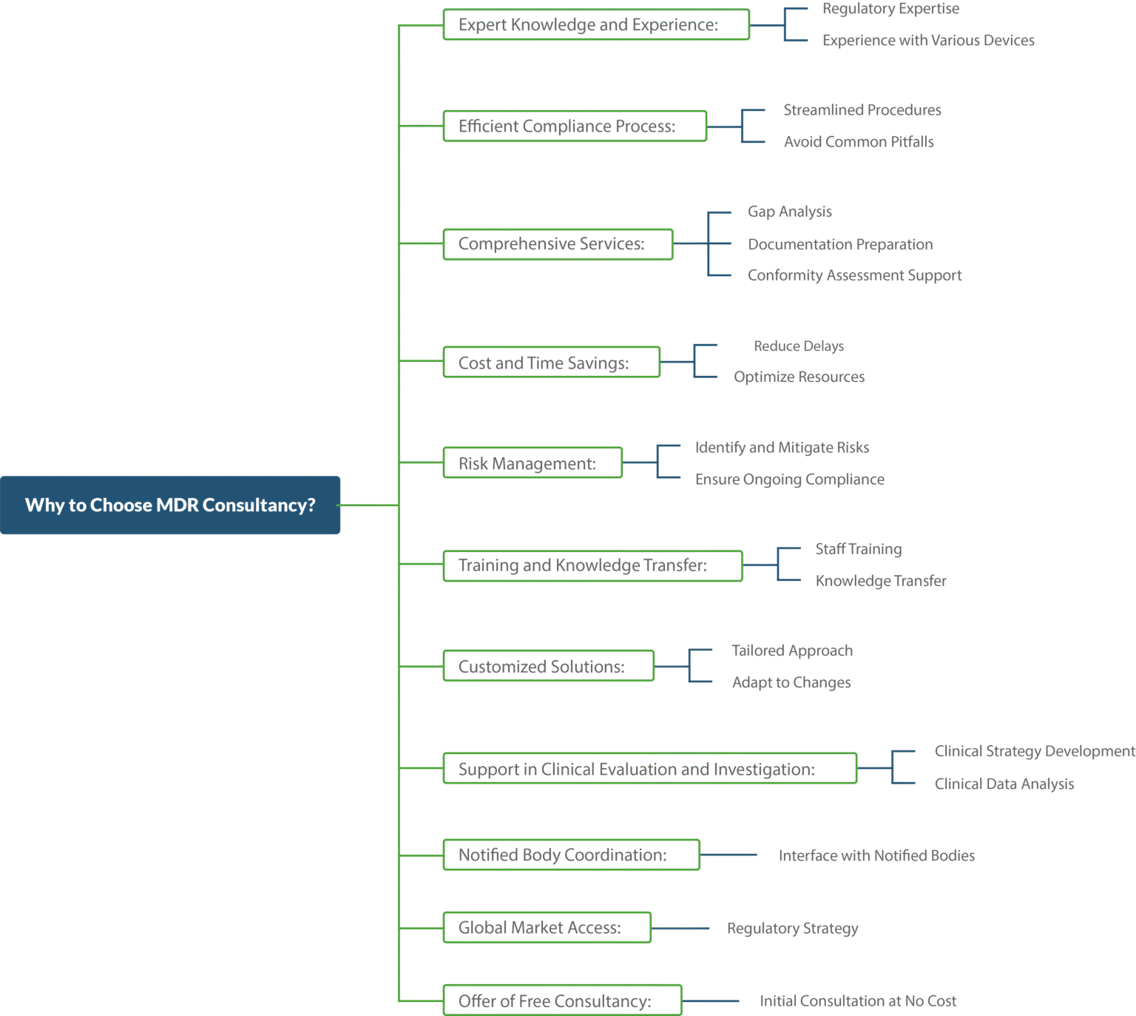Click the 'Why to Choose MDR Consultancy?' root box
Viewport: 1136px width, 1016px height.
click(x=170, y=505)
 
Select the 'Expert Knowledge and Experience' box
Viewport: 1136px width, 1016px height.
click(x=596, y=24)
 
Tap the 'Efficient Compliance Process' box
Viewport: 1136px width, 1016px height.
click(x=575, y=126)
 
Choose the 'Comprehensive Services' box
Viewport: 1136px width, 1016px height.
click(x=558, y=244)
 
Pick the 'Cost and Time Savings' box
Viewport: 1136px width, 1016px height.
click(x=552, y=362)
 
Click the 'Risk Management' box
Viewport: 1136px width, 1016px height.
click(x=532, y=463)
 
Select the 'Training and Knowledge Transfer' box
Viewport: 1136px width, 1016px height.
click(x=592, y=565)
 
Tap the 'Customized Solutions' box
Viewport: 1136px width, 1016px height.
click(x=549, y=666)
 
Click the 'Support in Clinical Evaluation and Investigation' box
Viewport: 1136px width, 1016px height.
click(x=649, y=768)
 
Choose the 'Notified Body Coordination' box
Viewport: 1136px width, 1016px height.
click(x=571, y=855)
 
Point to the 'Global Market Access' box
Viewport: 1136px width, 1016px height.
click(x=547, y=928)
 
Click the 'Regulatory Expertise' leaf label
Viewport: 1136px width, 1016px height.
click(x=890, y=9)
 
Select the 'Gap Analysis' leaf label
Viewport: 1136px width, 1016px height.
click(x=788, y=212)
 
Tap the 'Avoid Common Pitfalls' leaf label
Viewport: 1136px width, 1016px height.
click(x=859, y=141)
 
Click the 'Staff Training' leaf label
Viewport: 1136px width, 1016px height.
click(x=859, y=550)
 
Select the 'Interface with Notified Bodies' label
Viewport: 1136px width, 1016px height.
click(x=878, y=855)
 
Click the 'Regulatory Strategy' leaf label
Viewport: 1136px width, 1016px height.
click(x=792, y=928)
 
